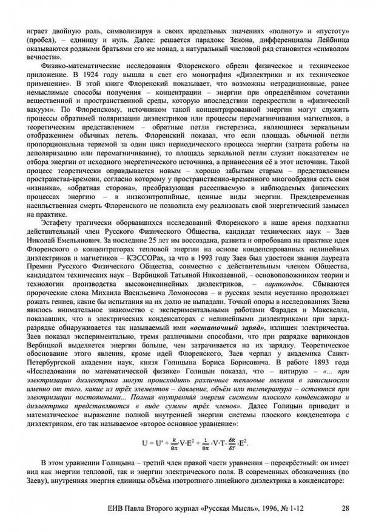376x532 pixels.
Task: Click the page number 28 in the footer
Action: tap(345, 509)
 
